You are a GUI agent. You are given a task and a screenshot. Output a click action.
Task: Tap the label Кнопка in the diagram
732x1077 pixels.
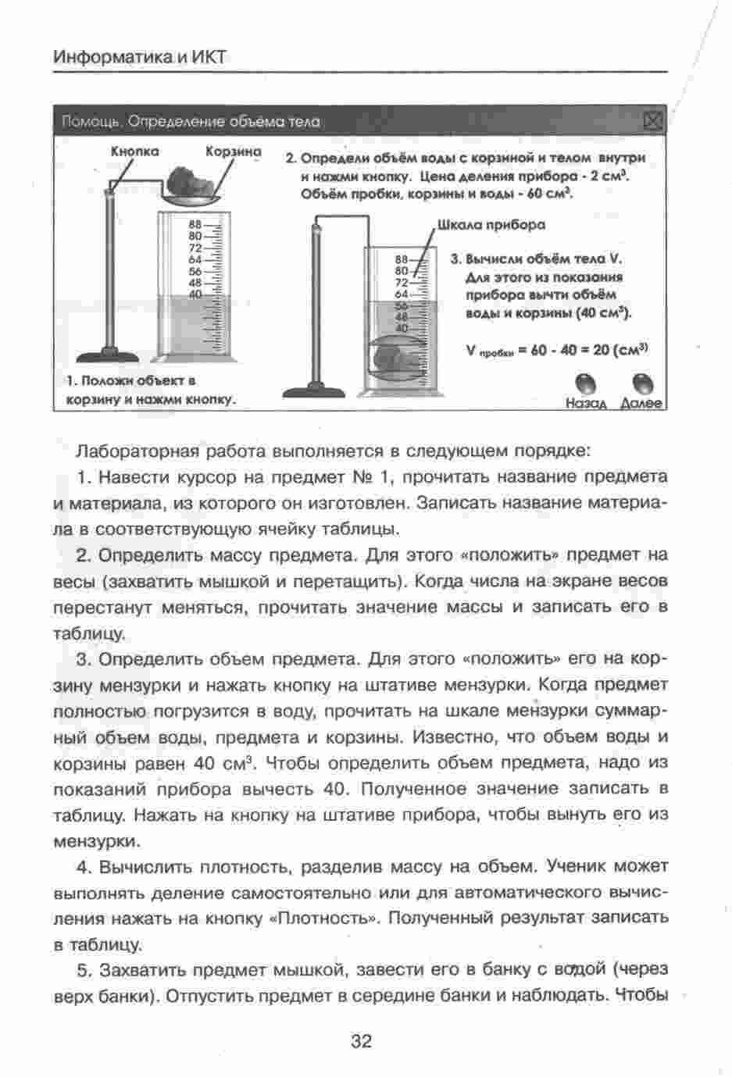tap(134, 151)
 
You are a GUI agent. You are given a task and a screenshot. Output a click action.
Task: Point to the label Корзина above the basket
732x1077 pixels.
tap(233, 151)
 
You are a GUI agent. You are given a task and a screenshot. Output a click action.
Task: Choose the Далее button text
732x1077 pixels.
tap(641, 403)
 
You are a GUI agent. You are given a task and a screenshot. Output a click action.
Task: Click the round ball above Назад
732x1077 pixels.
tap(587, 383)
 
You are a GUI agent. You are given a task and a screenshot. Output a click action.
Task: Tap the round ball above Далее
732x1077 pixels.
tap(643, 383)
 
